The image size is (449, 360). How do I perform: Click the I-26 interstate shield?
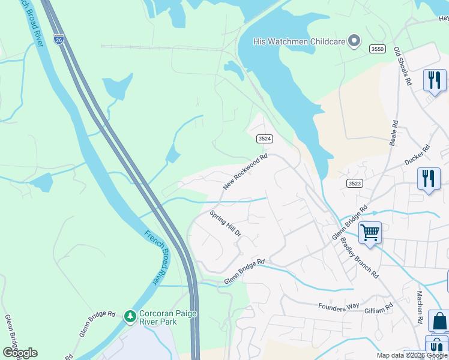click(58, 39)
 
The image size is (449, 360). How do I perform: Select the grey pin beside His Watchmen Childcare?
click(354, 41)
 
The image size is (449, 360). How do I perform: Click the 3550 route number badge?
click(378, 49)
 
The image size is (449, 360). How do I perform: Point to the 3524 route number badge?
click(265, 139)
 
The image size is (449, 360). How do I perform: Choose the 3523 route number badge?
click(355, 182)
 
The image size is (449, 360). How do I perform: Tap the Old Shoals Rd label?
click(402, 66)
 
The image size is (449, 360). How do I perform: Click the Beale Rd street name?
click(394, 133)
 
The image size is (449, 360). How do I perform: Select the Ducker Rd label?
click(417, 155)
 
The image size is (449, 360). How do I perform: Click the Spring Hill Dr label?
click(225, 223)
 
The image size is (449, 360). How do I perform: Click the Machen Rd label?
click(420, 307)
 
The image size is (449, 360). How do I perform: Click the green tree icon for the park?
click(130, 316)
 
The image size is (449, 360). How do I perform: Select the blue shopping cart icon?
click(370, 232)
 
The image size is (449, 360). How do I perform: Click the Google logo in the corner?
click(20, 353)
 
